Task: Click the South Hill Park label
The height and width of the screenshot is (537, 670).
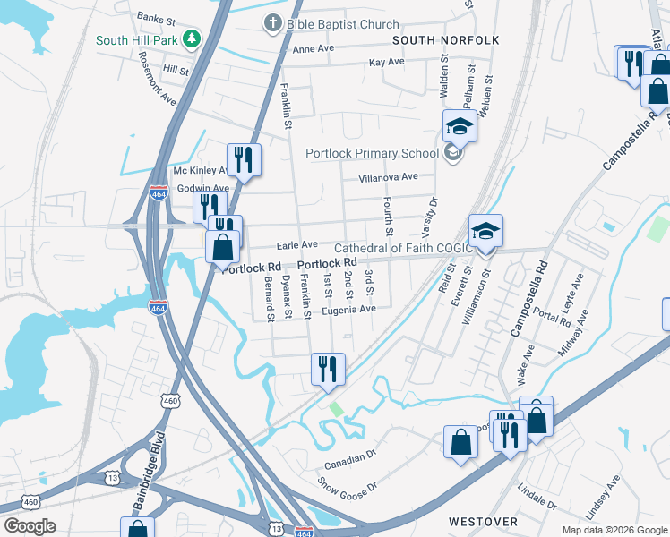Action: tap(136, 40)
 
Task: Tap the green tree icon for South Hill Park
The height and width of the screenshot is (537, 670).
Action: tap(190, 39)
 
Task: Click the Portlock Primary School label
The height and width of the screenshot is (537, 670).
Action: tap(370, 153)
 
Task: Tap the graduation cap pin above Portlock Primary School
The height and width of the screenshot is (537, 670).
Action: tap(460, 126)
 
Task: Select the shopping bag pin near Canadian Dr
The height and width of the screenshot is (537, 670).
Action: tap(460, 442)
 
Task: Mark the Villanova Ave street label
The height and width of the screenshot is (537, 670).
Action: tap(388, 177)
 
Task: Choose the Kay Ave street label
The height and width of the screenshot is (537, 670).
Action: tap(387, 62)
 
